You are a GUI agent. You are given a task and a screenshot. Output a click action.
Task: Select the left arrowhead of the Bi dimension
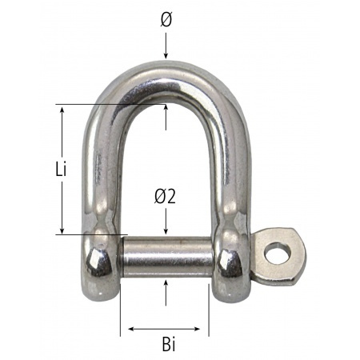point(126,328)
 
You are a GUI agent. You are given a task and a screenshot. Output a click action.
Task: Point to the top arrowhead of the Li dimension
point(62,110)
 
